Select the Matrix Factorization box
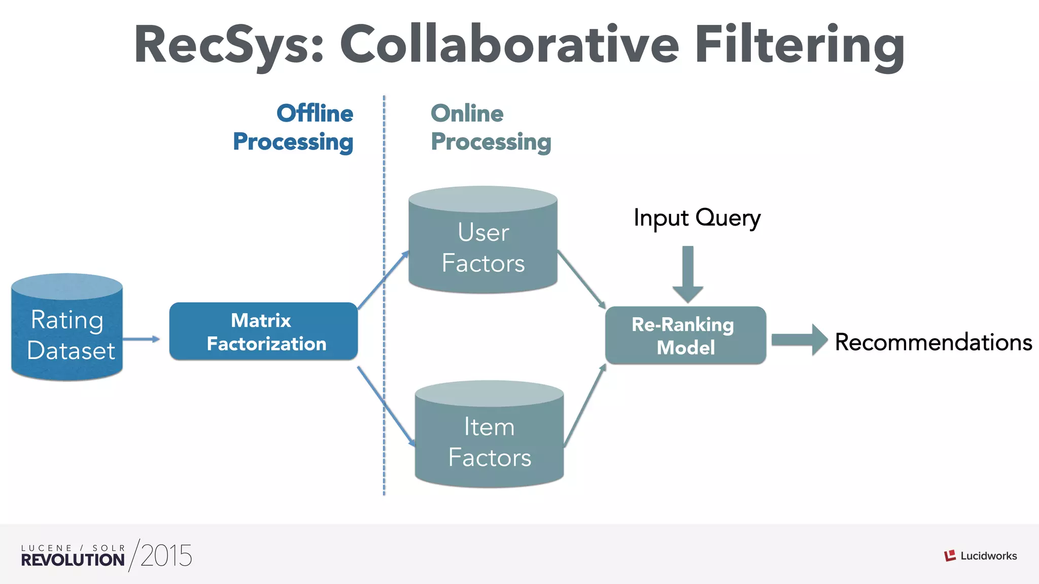click(x=263, y=332)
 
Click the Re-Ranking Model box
click(x=685, y=336)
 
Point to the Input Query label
click(x=697, y=218)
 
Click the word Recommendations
click(x=933, y=342)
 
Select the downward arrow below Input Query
click(x=688, y=274)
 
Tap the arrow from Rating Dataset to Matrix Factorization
click(x=141, y=339)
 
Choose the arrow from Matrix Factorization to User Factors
click(x=383, y=280)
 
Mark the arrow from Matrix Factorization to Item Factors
click(x=386, y=406)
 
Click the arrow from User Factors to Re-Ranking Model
click(x=581, y=279)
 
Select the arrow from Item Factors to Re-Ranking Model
click(x=585, y=406)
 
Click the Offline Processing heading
click(x=293, y=127)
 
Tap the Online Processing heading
click(x=491, y=127)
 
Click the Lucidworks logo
click(x=980, y=556)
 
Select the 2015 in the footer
click(x=166, y=556)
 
